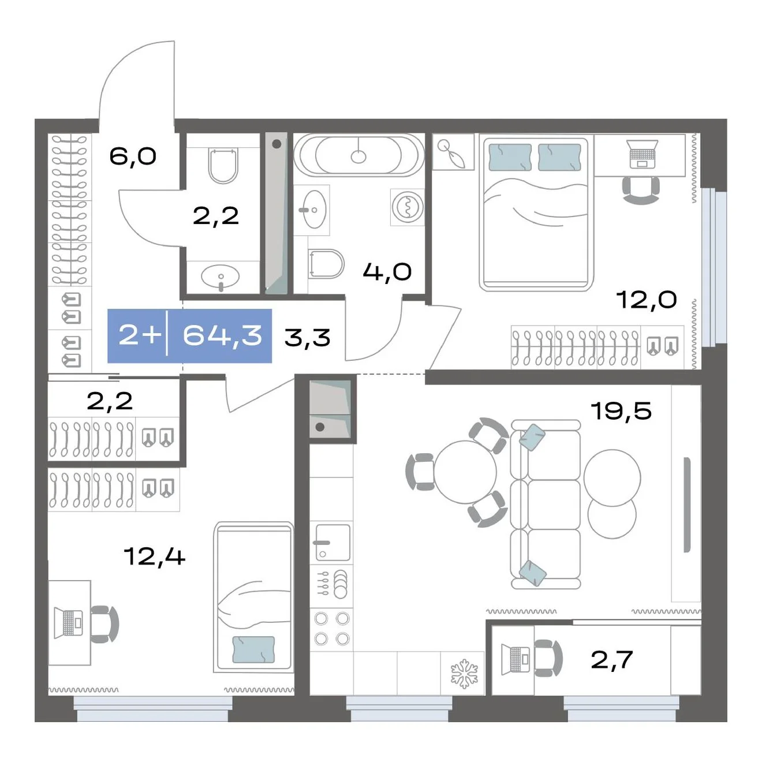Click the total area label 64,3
coord(222,336)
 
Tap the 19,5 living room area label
coord(621,410)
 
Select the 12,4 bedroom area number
coord(154,556)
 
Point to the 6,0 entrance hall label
coord(133,156)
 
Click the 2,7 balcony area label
coord(612,660)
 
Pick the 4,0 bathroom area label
coord(387,272)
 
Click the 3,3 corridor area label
coord(307,338)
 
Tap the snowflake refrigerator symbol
coord(464,674)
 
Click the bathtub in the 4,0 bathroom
coord(359,154)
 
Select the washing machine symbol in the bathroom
coord(408,207)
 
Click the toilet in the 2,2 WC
coord(223,166)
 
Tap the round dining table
coord(465,472)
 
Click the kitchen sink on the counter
coord(333,543)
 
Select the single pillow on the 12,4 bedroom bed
coord(253,649)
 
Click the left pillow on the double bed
coord(510,157)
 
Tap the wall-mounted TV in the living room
coord(687,505)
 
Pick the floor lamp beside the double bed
coord(453,152)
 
